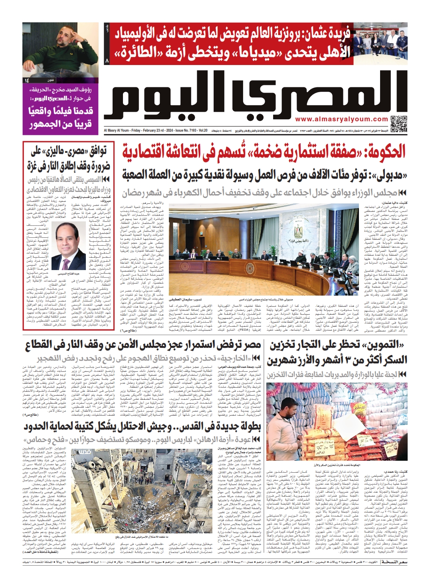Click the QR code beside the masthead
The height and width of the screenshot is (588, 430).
coord(398,124)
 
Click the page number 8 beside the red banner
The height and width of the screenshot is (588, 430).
coord(107,61)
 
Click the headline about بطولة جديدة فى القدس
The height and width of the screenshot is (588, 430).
coord(142,426)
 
